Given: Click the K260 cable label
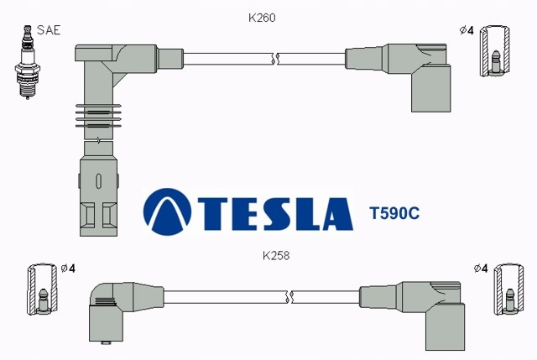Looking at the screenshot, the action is pos(262,18).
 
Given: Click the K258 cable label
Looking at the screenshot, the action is pos(276,256).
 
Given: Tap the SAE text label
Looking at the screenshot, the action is pos(49,30).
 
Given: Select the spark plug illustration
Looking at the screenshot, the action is pos(28,62).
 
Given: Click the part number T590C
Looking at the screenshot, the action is pos(394,213).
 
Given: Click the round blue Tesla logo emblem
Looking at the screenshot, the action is pos(167,211).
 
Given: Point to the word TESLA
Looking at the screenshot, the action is pos(275,214).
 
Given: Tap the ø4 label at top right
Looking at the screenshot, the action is pos(467,30).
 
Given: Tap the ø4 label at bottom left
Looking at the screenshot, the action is pos(68,269).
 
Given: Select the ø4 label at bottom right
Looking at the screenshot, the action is pos(481,269).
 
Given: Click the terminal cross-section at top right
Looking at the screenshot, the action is pos(494,50).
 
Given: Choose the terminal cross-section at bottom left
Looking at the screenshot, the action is pos(42,290).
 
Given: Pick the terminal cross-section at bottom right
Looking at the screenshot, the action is pos(508,290).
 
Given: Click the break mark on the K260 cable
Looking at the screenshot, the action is pos(276,59).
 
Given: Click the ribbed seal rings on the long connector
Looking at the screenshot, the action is pos(98,116).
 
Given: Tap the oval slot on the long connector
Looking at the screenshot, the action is pos(99,181).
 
